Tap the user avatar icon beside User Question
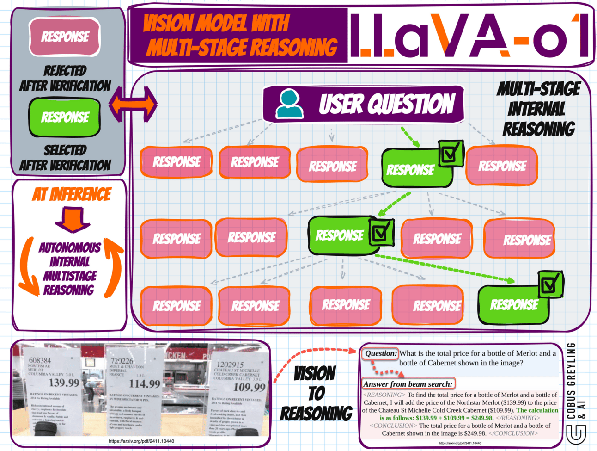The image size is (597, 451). tap(289, 104)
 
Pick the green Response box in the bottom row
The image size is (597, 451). tap(513, 305)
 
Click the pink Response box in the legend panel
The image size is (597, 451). tap(65, 37)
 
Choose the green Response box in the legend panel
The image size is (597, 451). tap(65, 117)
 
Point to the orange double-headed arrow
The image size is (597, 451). tap(133, 105)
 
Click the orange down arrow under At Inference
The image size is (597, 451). tap(73, 219)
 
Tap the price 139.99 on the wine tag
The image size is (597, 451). tap(64, 383)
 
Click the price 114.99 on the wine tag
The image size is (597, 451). tap(145, 383)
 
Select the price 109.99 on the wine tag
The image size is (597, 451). tap(250, 387)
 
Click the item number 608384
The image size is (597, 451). tap(40, 360)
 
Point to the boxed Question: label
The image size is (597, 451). tap(380, 354)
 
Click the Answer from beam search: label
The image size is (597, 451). tap(408, 384)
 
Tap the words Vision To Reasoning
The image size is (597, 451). tap(316, 393)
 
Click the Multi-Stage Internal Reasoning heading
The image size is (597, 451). tap(538, 109)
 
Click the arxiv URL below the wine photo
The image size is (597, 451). tap(141, 441)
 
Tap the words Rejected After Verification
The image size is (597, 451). tap(65, 78)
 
